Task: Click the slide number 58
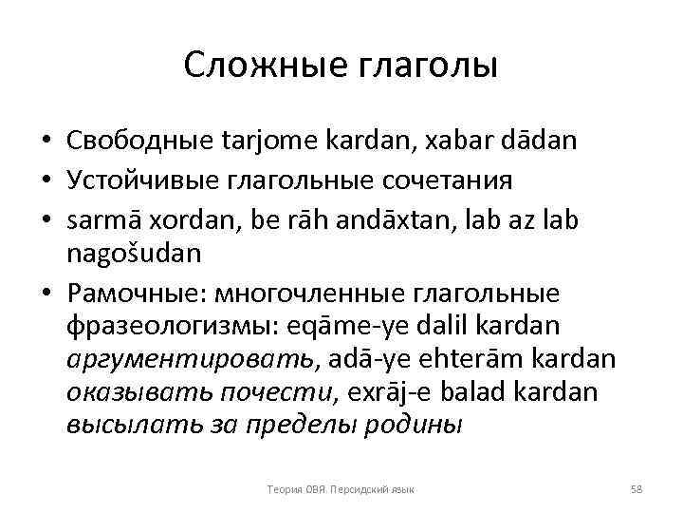(637, 488)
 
